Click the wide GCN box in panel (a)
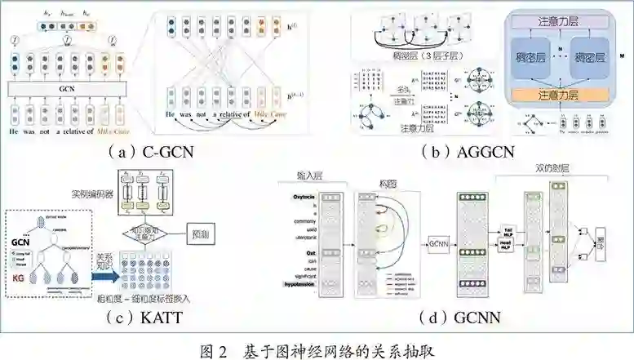[73, 88]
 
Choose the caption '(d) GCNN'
[454, 318]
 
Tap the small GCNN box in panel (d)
[438, 242]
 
